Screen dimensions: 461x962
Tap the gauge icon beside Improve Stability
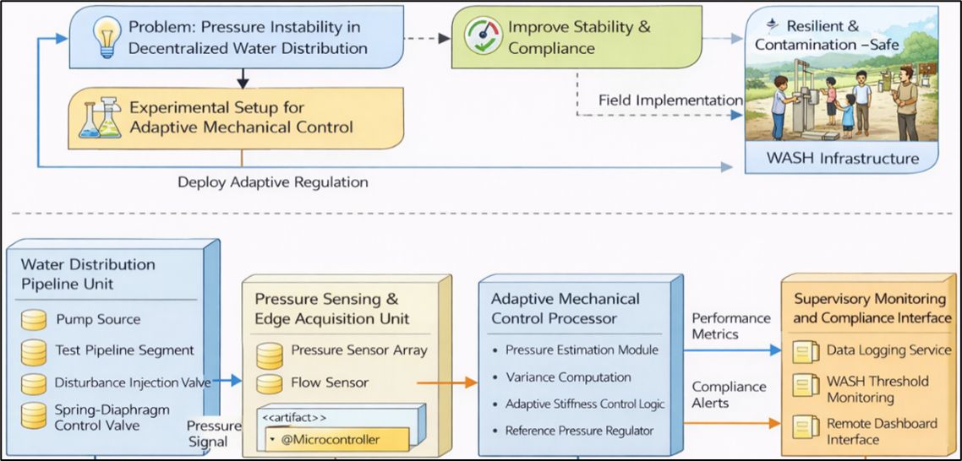click(x=483, y=37)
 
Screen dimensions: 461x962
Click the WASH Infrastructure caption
click(x=830, y=158)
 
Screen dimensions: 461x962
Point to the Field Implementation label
click(x=670, y=100)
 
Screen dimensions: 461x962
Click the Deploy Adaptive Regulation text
click(x=273, y=182)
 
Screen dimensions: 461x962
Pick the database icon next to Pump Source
click(x=34, y=320)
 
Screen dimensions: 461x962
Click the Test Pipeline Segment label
click(x=124, y=350)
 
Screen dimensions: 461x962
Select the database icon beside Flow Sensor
click(x=269, y=382)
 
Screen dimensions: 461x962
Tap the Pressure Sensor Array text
click(x=359, y=350)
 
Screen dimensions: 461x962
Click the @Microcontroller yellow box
click(x=337, y=440)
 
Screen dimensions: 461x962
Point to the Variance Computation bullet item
click(x=568, y=377)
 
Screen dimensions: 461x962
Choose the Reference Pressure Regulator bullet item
click(x=579, y=431)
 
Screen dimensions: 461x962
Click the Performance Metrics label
click(x=731, y=326)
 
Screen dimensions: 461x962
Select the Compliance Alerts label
click(x=730, y=394)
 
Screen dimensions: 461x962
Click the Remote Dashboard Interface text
click(x=882, y=431)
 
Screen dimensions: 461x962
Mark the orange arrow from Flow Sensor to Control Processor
click(x=448, y=382)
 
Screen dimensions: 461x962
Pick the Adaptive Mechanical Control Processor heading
click(x=566, y=308)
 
